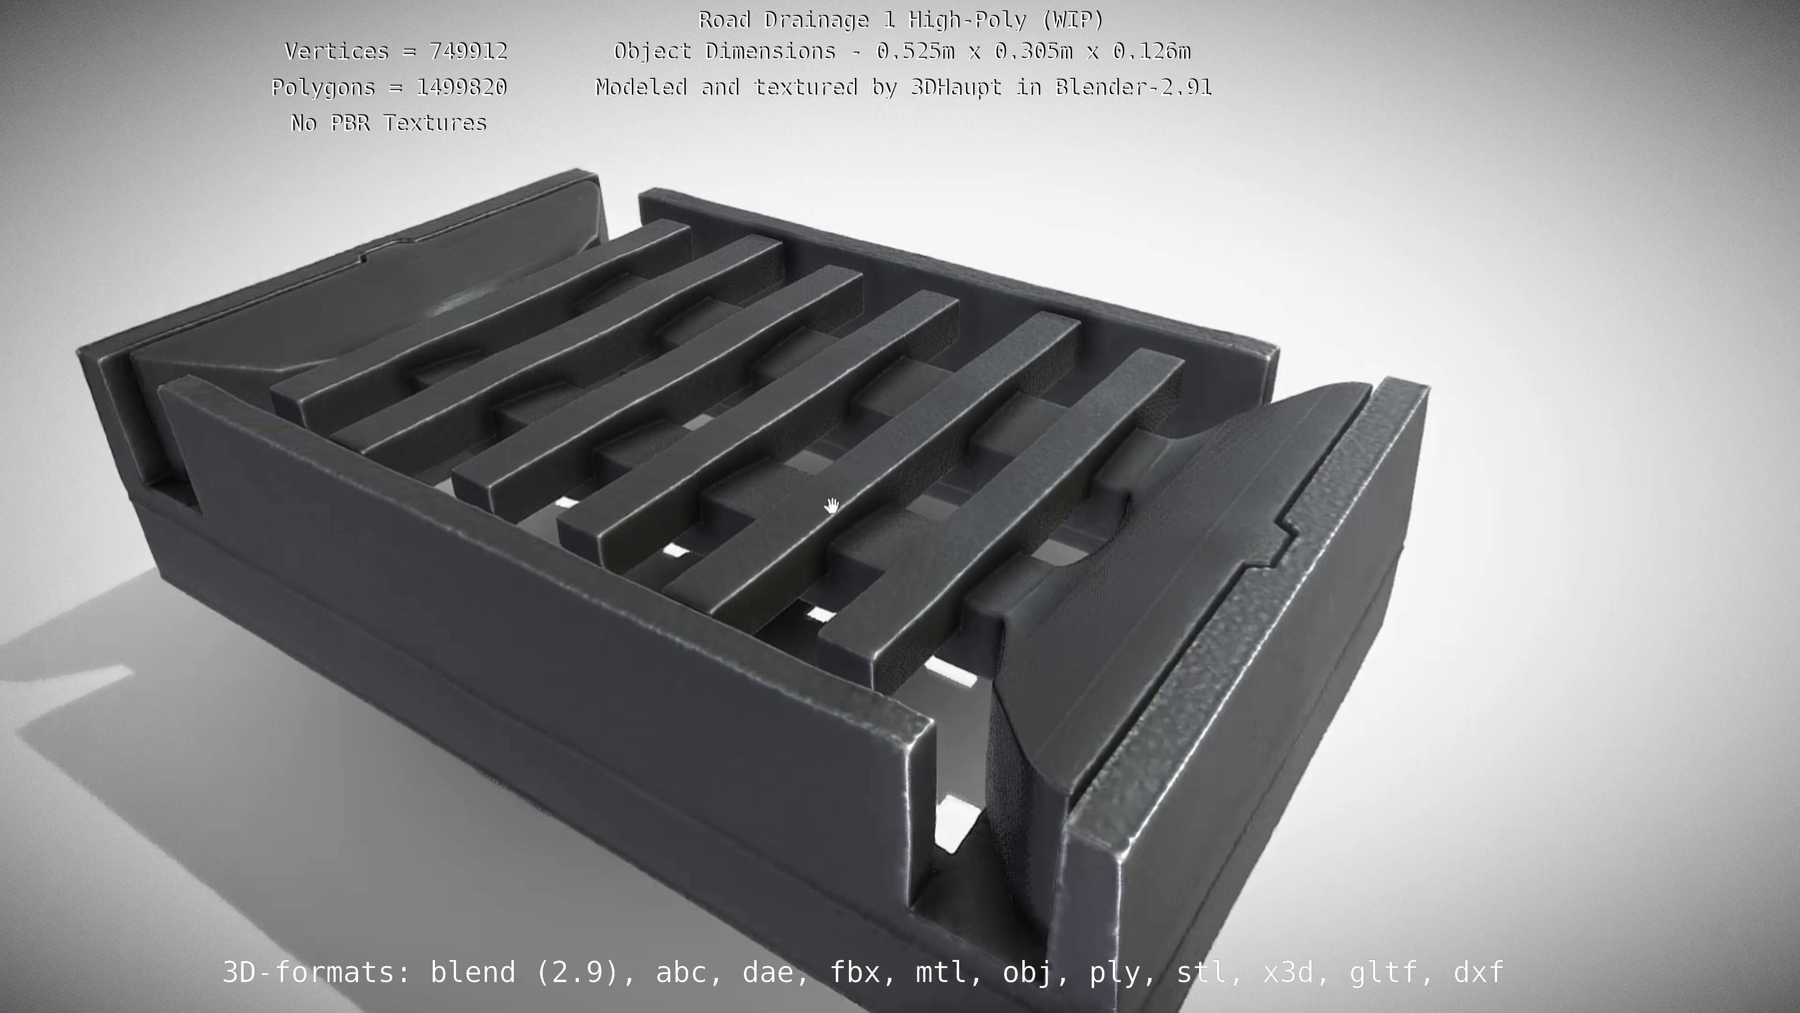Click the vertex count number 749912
click(468, 52)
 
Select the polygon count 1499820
click(461, 87)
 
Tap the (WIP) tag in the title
click(1072, 20)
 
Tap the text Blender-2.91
click(1133, 87)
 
